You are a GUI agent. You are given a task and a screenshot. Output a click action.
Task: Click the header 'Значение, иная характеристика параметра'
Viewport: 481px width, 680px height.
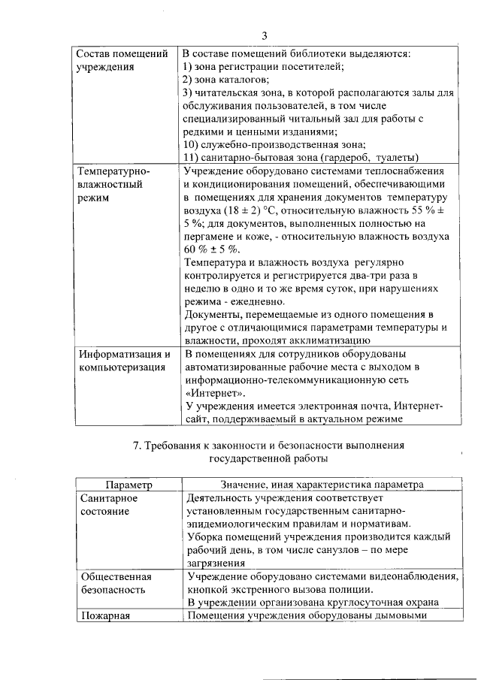click(321, 486)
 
